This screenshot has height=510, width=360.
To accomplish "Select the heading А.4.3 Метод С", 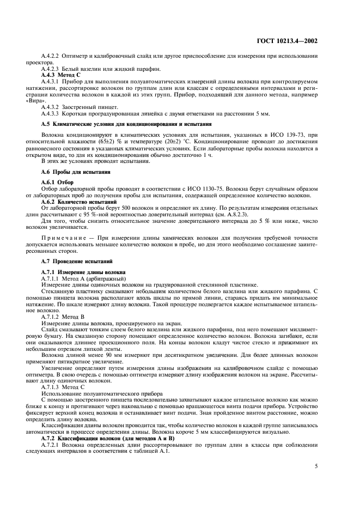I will coord(61,74).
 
